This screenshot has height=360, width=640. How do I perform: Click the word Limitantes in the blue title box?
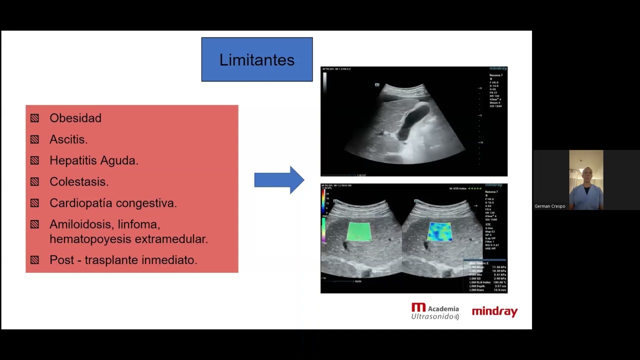pos(256,60)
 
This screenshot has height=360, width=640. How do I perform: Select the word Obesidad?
pos(75,118)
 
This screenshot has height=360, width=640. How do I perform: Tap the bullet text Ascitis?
pos(68,139)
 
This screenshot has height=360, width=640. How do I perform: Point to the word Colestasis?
pos(79,182)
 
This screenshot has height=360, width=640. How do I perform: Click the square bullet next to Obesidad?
pos(34,118)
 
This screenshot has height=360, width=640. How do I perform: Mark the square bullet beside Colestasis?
pos(34,182)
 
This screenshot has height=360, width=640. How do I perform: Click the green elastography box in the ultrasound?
pos(359,231)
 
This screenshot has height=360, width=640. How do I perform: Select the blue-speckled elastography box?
pos(440,231)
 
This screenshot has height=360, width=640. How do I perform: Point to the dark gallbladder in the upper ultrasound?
pos(412,120)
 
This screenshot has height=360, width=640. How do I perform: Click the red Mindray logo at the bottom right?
pos(494,312)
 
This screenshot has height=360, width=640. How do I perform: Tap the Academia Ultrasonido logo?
pos(435,311)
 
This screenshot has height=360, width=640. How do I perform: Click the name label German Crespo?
pos(549,206)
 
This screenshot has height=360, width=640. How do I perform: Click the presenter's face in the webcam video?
pos(585,175)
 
